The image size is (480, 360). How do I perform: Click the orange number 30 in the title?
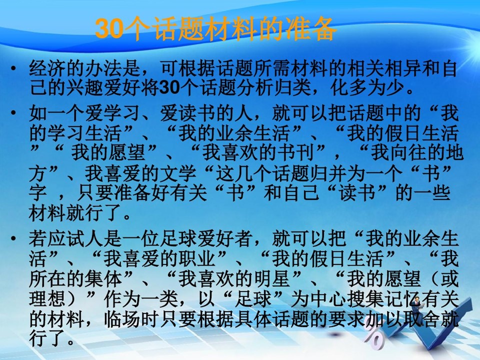(109, 29)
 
